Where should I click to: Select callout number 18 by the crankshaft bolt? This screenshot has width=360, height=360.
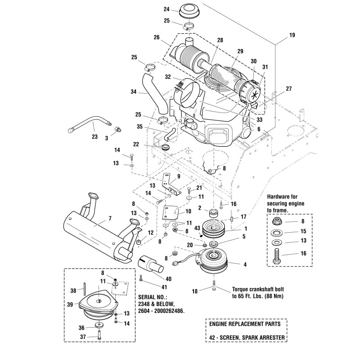[x=194, y=291]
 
